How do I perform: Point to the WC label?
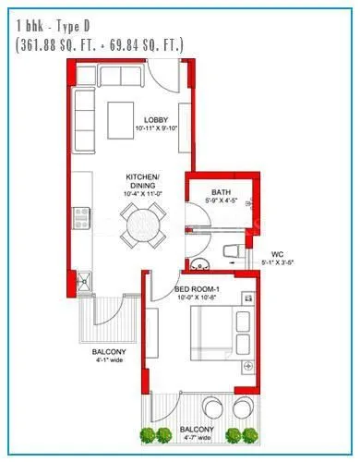(x=276, y=253)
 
